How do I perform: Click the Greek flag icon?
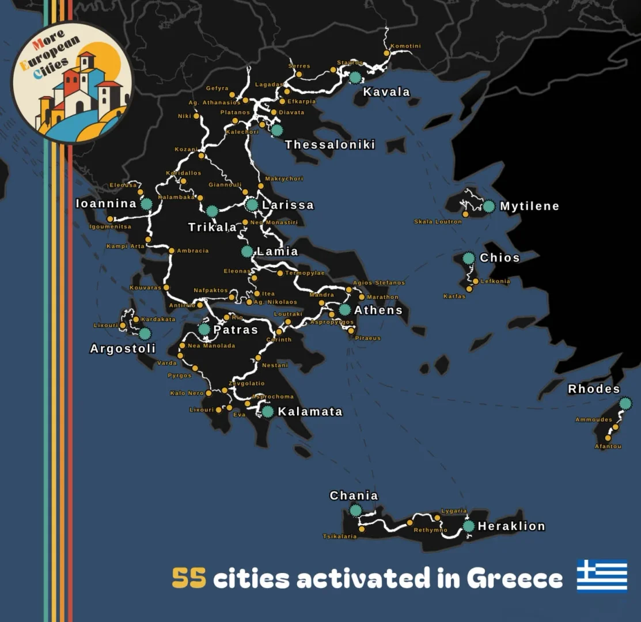(602, 575)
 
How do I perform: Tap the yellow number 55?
(189, 578)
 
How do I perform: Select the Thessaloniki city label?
(330, 145)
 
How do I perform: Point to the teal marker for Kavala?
(355, 77)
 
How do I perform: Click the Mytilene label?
(529, 206)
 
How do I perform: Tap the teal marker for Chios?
(469, 258)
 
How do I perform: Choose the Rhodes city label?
(594, 389)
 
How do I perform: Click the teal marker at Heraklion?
(468, 526)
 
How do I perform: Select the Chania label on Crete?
(354, 495)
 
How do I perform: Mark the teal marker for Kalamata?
(268, 411)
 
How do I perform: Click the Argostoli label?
(123, 348)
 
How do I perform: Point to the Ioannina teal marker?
(146, 203)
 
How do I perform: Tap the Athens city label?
(378, 310)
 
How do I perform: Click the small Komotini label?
(405, 46)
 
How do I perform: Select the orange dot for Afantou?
(608, 438)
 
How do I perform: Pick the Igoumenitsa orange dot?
(110, 219)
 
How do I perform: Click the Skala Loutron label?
(438, 222)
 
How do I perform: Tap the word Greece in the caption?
(514, 578)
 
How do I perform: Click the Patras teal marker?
(204, 329)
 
